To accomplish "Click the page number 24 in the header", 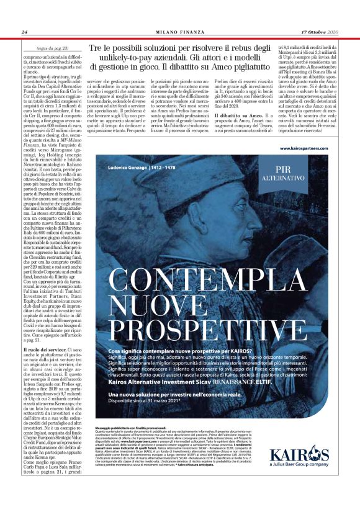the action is pos(25,32).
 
